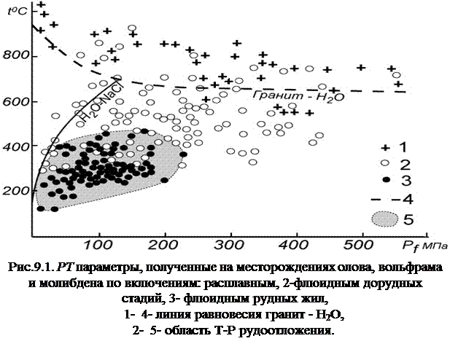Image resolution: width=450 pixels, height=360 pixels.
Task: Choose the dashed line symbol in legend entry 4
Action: tap(377, 197)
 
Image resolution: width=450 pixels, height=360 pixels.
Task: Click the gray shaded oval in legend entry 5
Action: tap(384, 218)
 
